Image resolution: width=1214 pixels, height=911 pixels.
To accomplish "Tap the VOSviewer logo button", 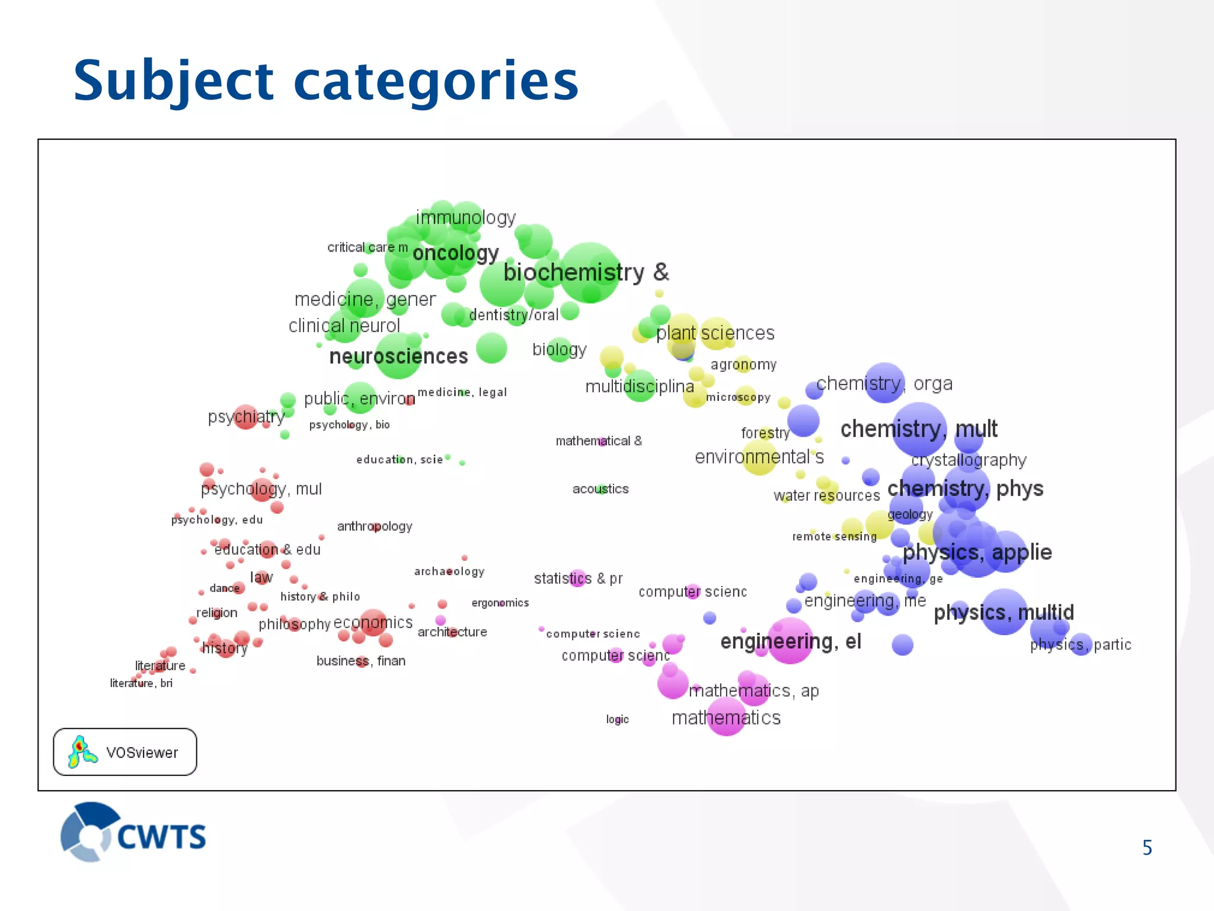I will (x=125, y=752).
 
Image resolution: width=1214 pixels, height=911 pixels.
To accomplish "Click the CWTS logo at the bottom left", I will (x=133, y=833).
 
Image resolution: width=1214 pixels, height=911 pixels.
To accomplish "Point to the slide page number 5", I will (x=1147, y=848).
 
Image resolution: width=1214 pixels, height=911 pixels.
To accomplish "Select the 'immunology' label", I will (x=465, y=218).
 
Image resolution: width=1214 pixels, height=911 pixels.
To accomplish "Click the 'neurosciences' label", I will (x=398, y=356).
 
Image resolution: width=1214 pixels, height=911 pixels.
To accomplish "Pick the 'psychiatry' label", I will (x=245, y=417).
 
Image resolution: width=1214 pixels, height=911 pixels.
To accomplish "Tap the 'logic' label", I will (x=617, y=719).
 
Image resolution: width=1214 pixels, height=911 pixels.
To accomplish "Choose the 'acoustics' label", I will (x=600, y=489).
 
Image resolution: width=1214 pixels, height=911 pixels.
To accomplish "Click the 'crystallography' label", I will (x=969, y=460).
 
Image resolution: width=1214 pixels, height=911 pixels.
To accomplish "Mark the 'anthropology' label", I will (x=374, y=526).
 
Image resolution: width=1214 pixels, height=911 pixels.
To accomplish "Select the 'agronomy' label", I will (x=743, y=365).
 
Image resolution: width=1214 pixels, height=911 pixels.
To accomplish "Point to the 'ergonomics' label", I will (x=500, y=603).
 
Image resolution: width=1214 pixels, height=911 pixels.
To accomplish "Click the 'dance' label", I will (x=225, y=588).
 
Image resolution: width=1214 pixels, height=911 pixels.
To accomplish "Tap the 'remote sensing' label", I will (x=834, y=537).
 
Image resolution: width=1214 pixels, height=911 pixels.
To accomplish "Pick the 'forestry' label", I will (x=765, y=433).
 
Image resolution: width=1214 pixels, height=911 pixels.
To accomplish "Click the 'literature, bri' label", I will (x=141, y=683).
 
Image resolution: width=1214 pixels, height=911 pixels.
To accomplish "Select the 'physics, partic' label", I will (x=1080, y=645).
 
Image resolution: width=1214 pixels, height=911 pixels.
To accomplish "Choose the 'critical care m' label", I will (x=368, y=247).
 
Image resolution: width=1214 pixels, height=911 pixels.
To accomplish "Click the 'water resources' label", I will (x=826, y=496).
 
